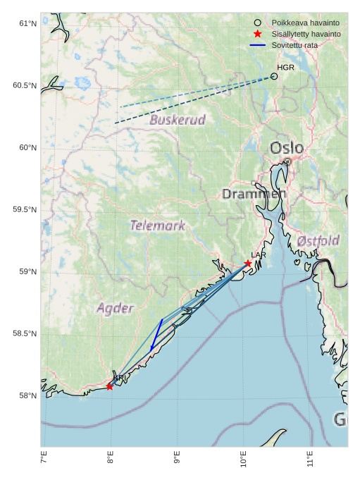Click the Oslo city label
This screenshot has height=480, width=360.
(287, 148)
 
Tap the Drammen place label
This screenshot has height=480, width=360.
(254, 194)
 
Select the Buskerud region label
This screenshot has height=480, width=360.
(178, 120)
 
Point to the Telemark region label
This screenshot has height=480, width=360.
(158, 226)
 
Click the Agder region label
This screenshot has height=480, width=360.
(115, 308)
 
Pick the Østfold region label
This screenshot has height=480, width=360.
(318, 241)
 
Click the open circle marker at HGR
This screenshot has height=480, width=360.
(274, 76)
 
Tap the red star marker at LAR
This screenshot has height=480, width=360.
(248, 264)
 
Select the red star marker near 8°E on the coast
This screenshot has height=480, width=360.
(110, 386)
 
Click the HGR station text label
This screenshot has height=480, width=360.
(285, 68)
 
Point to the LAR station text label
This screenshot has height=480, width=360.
(259, 254)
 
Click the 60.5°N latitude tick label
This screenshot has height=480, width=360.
(25, 85)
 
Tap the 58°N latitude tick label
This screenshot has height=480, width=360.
(27, 395)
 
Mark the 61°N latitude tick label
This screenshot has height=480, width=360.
(27, 23)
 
